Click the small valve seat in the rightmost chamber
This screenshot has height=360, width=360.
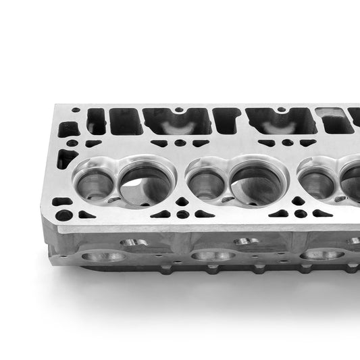point(317,181)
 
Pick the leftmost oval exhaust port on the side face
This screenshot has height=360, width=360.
point(103,257)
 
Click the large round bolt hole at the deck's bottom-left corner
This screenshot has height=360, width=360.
point(64,216)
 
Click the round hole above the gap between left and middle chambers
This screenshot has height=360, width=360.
point(179,143)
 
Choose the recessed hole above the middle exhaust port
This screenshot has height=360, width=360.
point(244,241)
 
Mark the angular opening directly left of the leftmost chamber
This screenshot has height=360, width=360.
point(66,159)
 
